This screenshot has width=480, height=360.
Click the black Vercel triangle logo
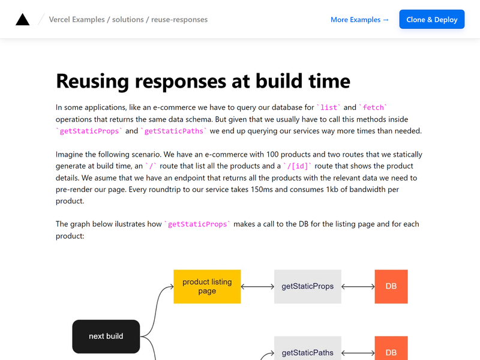click(23, 19)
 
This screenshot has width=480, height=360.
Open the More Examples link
click(359, 20)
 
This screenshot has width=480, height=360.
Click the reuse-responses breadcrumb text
click(179, 20)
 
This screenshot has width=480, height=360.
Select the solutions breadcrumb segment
click(128, 20)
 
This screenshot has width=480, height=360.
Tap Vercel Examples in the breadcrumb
click(77, 20)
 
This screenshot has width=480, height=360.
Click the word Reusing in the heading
click(93, 82)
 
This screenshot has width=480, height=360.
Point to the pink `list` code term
click(329, 107)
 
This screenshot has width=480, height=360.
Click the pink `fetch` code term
click(373, 107)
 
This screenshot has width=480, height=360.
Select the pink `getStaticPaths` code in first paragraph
click(173, 131)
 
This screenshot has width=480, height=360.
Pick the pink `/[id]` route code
click(297, 166)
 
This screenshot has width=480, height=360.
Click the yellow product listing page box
click(207, 287)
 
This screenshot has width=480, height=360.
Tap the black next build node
click(106, 337)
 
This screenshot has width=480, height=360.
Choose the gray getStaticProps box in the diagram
click(308, 287)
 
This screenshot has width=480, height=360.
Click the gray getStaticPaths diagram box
click(308, 349)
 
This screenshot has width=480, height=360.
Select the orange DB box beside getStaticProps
click(391, 287)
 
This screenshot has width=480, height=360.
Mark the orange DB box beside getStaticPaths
click(391, 349)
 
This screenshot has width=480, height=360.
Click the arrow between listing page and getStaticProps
click(257, 287)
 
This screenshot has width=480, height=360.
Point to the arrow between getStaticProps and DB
click(358, 287)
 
